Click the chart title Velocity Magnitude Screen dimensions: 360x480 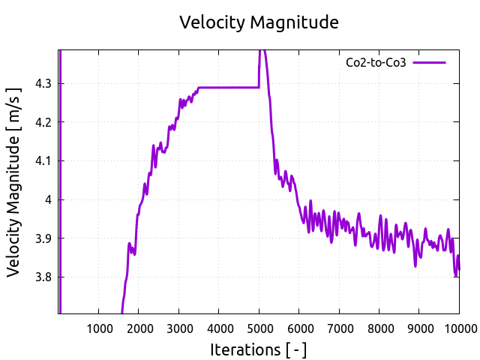(259, 22)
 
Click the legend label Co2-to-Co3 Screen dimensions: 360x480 (376, 62)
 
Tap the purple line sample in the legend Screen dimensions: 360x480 (429, 62)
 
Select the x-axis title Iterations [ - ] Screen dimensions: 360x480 (259, 349)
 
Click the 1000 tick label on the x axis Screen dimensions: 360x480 (99, 327)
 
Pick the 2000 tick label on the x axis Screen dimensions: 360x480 (139, 327)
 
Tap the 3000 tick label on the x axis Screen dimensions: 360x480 (178, 327)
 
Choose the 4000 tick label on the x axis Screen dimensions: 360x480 (219, 327)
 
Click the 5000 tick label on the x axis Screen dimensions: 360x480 (259, 327)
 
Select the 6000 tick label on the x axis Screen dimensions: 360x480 (298, 327)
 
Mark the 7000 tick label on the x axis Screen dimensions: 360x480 (339, 327)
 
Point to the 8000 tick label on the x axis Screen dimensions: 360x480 (379, 327)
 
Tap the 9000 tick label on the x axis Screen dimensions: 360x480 (418, 327)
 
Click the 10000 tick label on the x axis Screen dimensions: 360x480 (457, 327)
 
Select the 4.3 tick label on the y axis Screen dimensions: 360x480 (44, 83)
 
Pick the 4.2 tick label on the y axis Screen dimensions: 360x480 (44, 121)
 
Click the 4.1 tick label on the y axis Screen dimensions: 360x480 (44, 160)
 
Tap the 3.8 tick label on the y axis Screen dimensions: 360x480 (44, 277)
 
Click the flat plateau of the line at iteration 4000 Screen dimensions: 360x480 (219, 88)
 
